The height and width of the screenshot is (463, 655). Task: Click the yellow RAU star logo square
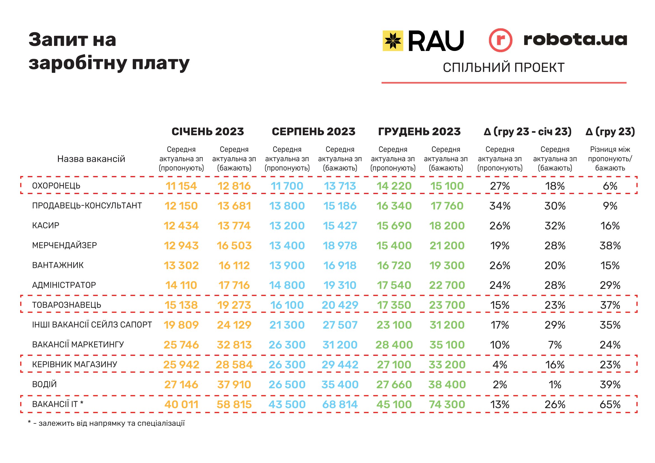tap(393, 41)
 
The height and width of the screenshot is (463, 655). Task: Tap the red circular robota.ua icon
tap(500, 40)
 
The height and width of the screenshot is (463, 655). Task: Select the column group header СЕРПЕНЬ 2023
tap(314, 132)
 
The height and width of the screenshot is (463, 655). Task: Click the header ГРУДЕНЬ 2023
tap(419, 132)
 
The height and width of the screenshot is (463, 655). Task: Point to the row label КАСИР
tap(46, 226)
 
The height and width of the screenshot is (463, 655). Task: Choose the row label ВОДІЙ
tap(45, 384)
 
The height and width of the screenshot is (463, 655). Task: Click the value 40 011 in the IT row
tap(181, 404)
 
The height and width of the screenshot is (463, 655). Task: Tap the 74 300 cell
tap(447, 404)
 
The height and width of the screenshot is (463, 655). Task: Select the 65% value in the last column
tap(610, 404)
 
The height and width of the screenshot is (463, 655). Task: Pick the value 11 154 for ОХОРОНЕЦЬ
tap(181, 186)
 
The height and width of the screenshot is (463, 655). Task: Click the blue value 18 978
tap(340, 245)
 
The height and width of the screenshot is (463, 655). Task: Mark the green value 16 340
tap(394, 206)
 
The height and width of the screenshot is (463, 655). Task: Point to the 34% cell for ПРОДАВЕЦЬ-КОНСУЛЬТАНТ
tap(500, 206)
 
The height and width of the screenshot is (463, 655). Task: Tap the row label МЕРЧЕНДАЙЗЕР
tap(64, 245)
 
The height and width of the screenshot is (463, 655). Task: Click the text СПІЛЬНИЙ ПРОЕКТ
tap(504, 67)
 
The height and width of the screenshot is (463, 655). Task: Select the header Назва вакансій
tap(91, 159)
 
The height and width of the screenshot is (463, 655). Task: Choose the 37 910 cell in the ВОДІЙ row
tap(234, 384)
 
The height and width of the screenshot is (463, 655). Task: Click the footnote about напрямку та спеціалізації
tap(106, 423)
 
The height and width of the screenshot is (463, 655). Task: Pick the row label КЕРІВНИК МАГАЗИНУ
tap(74, 364)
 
